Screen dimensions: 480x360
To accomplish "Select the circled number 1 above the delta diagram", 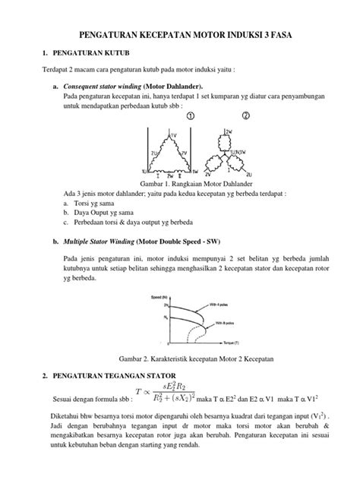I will pyautogui.click(x=191, y=117).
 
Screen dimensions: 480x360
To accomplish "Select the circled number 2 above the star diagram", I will pyautogui.click(x=245, y=117).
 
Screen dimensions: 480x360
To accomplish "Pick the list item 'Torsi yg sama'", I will pyautogui.click(x=99, y=204).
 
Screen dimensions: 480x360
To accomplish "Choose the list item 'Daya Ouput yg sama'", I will pyautogui.click(x=106, y=213).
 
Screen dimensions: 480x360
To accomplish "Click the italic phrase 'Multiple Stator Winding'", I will pyautogui.click(x=103, y=242).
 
